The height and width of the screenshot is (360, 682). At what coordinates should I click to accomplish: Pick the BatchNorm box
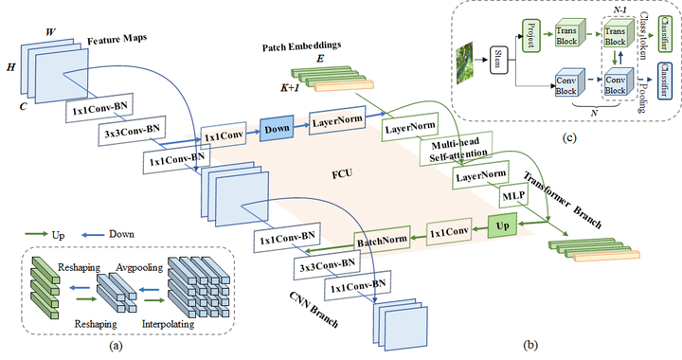point(384,241)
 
